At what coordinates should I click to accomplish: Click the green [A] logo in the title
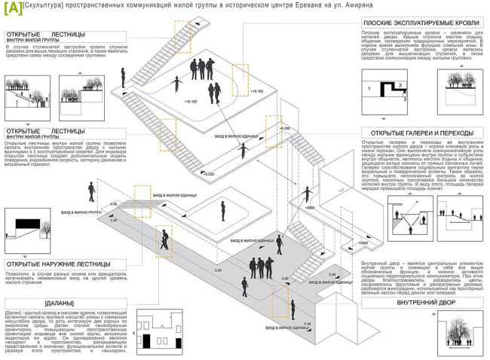point(13,8)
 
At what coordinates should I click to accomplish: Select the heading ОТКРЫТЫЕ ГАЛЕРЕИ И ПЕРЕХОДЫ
point(418,133)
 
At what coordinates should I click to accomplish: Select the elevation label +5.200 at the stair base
point(208,174)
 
